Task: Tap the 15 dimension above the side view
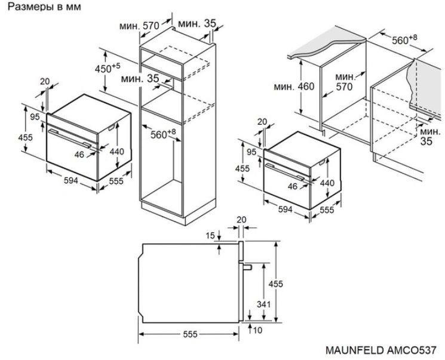[x=210, y=236]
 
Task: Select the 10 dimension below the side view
[x=257, y=330]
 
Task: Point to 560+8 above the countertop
[x=404, y=40]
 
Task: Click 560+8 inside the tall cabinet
[x=162, y=134]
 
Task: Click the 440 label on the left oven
[x=116, y=152]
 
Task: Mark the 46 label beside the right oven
[x=293, y=186]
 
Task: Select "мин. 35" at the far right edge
[x=426, y=136]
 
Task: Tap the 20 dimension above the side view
[x=241, y=219]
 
